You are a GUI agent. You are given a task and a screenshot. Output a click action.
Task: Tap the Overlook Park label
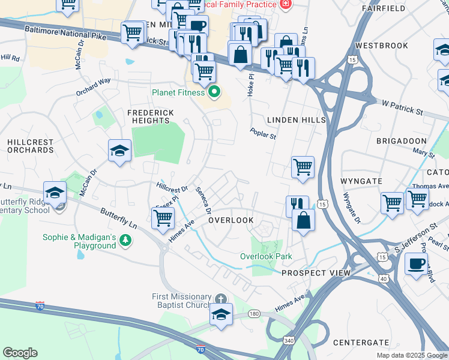[x=266, y=256]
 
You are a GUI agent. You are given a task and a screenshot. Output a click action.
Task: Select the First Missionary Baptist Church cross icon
[x=221, y=298]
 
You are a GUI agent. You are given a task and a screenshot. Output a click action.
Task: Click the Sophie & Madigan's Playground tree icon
[x=125, y=241]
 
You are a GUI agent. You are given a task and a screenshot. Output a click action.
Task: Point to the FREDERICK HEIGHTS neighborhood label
[x=150, y=116]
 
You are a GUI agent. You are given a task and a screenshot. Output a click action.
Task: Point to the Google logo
[x=20, y=353]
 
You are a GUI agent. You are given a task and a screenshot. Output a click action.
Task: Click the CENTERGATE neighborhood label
[x=361, y=343]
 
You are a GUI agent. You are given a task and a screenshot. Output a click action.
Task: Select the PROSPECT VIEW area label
[x=316, y=273]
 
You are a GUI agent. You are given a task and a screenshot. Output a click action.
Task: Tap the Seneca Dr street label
[x=203, y=200]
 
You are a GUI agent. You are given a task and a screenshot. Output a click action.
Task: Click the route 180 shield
[x=254, y=313]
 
